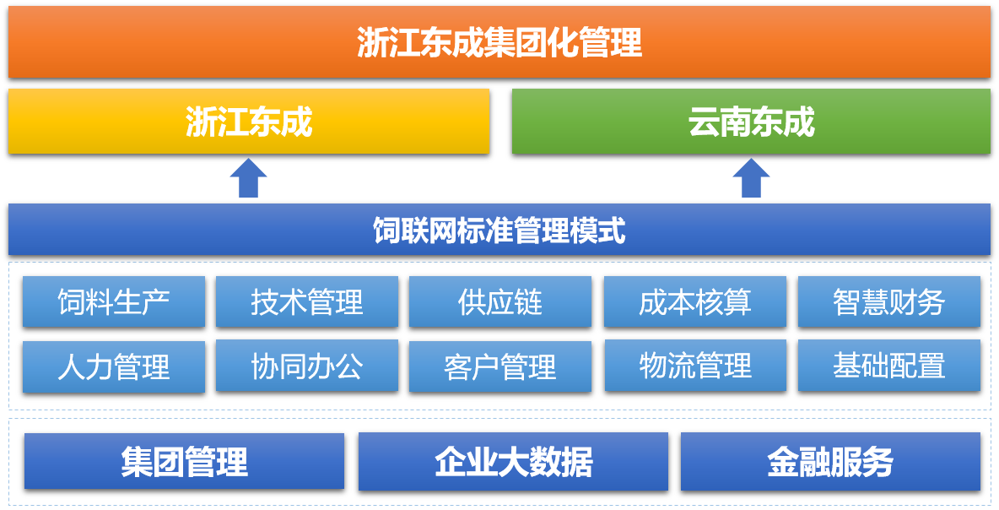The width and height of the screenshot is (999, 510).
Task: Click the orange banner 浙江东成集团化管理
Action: coord(499,42)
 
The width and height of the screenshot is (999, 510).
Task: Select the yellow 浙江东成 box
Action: coord(248,121)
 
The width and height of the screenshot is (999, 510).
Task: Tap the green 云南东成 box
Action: coord(751,121)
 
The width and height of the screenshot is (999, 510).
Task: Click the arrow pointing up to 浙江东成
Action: coord(248,178)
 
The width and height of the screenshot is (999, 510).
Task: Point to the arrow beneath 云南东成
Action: coord(751,178)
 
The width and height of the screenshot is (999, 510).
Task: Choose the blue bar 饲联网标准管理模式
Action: coord(499,230)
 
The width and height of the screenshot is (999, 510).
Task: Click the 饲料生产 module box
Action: coord(114,301)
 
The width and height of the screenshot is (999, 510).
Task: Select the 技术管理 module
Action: coord(307,301)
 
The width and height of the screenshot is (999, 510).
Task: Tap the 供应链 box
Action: coord(500,301)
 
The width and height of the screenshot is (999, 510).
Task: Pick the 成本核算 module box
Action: coord(695,301)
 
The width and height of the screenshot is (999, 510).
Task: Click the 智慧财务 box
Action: coord(889,301)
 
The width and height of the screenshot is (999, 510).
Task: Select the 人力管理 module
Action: coord(114,366)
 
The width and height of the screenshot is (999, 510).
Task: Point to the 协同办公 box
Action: coord(307,366)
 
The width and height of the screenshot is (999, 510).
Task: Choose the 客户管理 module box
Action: coord(500,366)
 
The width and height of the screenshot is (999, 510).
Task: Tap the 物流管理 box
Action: coord(695,366)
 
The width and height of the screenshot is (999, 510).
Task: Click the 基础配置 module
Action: coord(889,366)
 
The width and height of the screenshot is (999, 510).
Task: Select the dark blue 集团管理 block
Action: coord(184,462)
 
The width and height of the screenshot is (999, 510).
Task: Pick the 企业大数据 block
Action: coord(514,462)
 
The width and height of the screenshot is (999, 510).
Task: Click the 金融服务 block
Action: coord(831,462)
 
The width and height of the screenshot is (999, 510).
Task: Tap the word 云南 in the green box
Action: coord(720,121)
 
